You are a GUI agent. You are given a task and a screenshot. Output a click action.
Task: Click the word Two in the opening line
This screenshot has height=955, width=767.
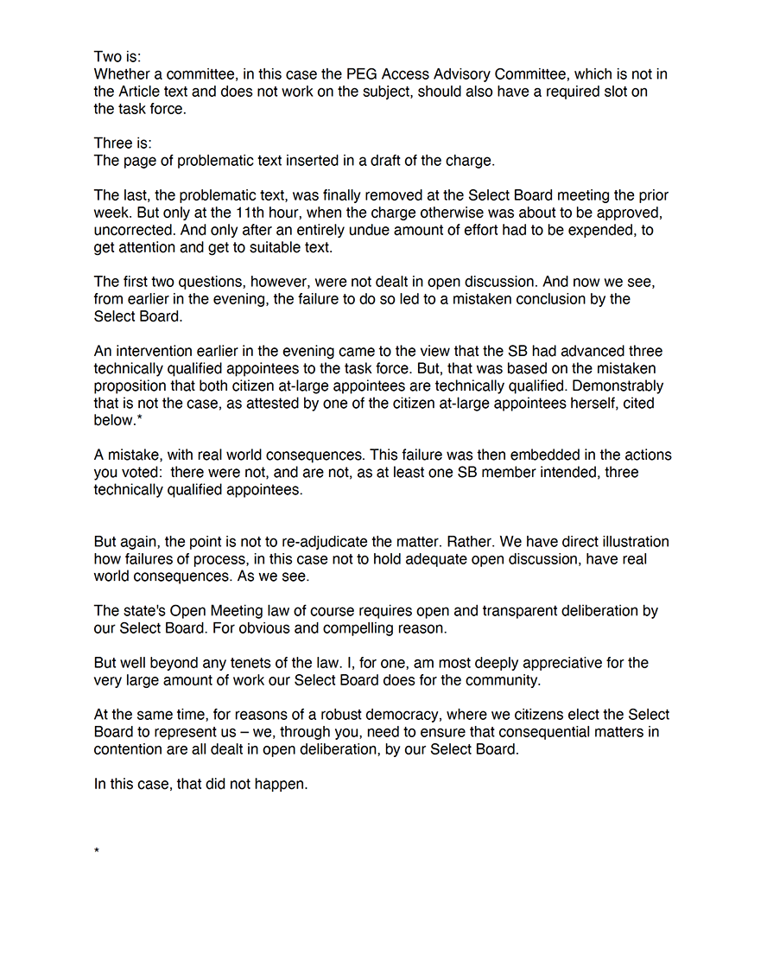click(108, 57)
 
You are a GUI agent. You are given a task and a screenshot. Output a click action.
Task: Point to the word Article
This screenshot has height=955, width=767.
click(147, 92)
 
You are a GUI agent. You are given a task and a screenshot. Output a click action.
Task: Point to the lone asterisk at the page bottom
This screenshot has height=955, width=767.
click(97, 852)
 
